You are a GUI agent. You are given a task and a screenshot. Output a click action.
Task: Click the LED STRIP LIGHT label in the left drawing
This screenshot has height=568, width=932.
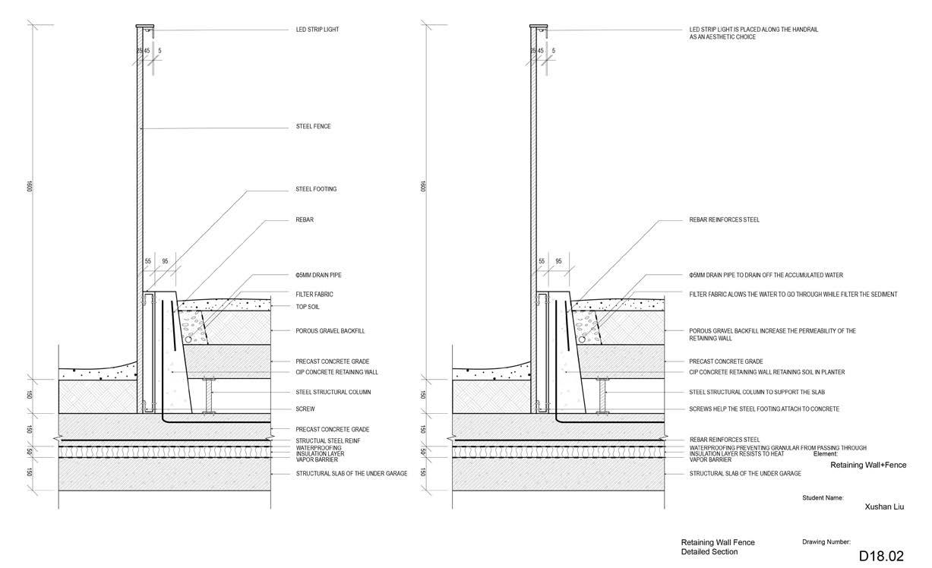317,30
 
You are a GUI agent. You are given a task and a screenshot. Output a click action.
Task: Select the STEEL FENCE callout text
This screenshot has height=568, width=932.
313,127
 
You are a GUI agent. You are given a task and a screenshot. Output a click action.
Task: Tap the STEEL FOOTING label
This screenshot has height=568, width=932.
316,189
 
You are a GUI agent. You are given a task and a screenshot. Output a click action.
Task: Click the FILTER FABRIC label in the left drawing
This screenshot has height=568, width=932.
314,294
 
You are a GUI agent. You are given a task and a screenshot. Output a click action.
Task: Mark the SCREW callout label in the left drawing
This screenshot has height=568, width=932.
305,409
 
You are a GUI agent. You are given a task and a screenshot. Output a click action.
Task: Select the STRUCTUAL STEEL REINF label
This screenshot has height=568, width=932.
327,440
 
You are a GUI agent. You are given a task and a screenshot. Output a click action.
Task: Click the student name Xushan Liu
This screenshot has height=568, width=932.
884,506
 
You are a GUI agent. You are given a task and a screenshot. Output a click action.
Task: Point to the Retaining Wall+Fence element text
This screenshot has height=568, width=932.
867,465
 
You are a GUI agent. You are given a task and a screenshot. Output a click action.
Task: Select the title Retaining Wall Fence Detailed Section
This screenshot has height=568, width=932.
718,547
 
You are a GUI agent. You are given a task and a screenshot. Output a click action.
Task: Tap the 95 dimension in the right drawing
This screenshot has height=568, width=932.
558,261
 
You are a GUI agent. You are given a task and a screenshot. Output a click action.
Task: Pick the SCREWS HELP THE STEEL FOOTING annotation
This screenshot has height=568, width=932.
764,409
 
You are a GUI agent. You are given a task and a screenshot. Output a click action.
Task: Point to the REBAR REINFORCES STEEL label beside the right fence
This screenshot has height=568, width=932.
724,220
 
